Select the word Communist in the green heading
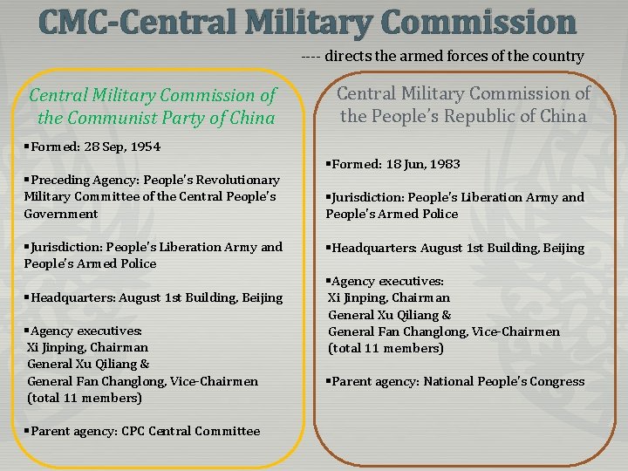[x=135, y=118]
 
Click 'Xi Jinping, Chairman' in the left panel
[x=84, y=347]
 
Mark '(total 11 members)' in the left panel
[x=84, y=398]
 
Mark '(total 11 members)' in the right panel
[x=386, y=348]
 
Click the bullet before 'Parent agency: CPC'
[x=28, y=431]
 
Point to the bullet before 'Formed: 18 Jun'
[x=329, y=164]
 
